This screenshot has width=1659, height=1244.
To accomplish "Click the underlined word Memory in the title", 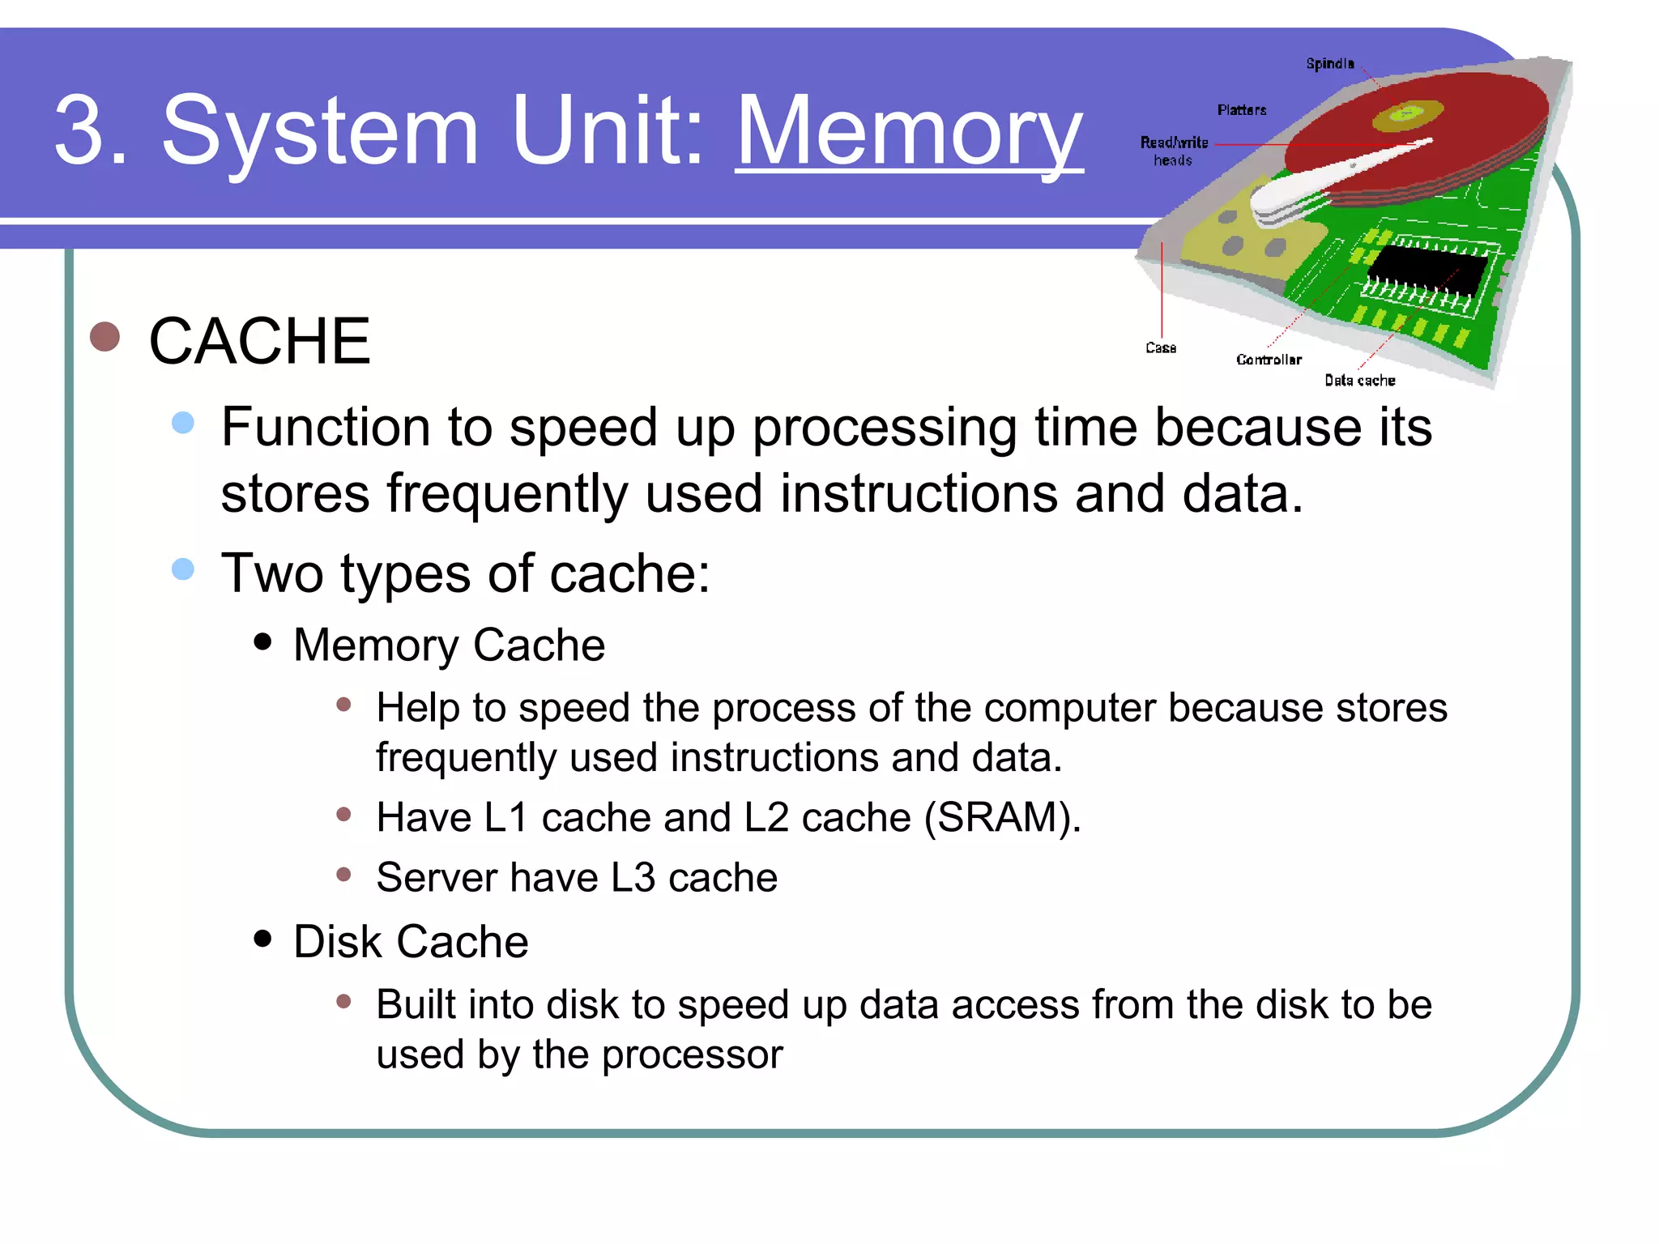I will (909, 131).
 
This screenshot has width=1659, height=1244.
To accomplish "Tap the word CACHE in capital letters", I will (259, 341).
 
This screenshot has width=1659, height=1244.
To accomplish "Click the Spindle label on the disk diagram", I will (1329, 63).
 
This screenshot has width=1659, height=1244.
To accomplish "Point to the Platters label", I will (1241, 109).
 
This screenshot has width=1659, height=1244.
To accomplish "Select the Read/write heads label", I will (1174, 151).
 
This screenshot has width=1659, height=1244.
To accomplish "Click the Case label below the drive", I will (1161, 347).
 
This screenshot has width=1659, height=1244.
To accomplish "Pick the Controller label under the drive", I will (1269, 360).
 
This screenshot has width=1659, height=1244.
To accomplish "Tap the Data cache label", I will (1359, 380).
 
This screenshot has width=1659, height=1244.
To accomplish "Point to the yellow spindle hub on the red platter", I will (1408, 114).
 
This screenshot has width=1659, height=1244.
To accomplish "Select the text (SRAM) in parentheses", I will (1002, 817).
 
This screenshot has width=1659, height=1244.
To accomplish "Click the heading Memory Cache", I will (449, 645).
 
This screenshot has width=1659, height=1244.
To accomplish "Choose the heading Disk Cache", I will (411, 942).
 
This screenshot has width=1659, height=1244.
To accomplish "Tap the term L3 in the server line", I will (633, 878).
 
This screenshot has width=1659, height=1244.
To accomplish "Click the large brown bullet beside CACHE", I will (105, 336).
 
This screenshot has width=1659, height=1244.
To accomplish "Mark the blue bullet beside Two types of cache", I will (183, 569).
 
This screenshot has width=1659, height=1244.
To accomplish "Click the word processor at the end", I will (692, 1054).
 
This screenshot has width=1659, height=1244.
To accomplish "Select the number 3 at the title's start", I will (81, 131).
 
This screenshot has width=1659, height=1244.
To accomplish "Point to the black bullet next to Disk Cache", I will (262, 938).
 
